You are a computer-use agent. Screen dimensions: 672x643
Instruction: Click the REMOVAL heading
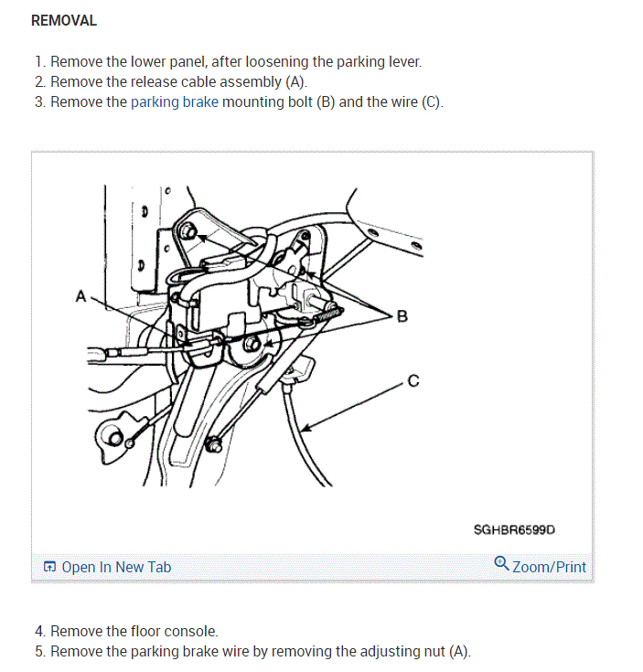coord(64,20)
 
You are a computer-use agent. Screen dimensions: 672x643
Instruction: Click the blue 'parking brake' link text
coord(175,101)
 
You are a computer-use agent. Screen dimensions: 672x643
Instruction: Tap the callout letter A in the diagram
coord(80,296)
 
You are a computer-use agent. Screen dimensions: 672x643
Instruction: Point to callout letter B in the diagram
coord(402,316)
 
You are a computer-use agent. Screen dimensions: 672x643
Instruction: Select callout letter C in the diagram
coord(413,381)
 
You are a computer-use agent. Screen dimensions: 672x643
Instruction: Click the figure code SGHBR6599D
coord(515,529)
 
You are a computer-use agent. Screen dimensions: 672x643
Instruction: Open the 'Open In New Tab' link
coord(116,567)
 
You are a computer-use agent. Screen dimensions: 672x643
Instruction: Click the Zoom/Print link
coord(549,567)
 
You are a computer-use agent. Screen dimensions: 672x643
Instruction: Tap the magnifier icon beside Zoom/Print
coord(501,564)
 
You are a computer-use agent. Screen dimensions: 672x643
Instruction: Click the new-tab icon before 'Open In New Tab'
coord(50,567)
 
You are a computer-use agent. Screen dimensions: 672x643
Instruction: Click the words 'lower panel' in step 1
coord(166,62)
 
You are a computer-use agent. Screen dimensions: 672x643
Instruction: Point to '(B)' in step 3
coord(326,101)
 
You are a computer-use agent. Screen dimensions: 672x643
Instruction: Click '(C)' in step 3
coord(431,101)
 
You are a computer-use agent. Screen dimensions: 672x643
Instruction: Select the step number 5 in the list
coord(39,651)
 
